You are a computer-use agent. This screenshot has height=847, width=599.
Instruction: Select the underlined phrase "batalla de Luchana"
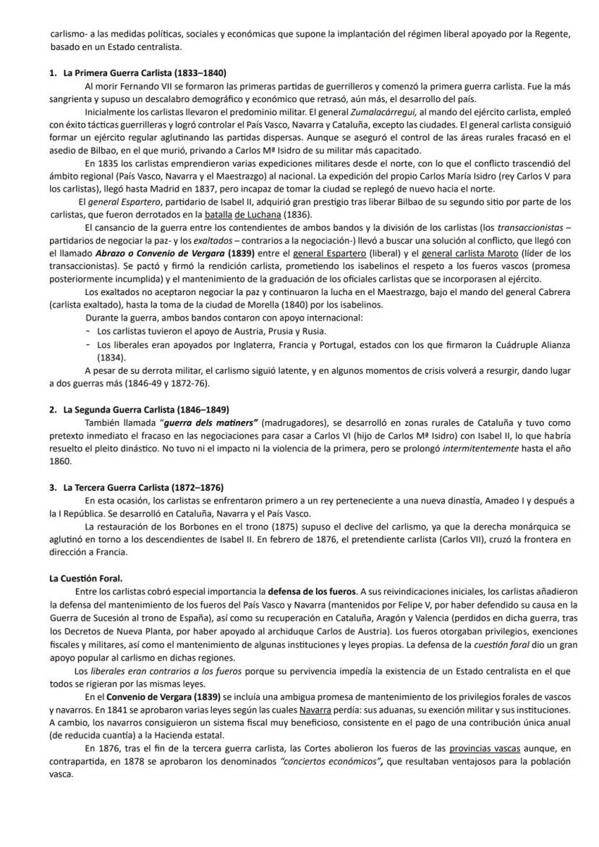[x=243, y=215]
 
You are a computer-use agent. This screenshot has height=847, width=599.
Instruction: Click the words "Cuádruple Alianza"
[x=531, y=344]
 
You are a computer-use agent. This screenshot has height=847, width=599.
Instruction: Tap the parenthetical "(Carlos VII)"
[x=457, y=539]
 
